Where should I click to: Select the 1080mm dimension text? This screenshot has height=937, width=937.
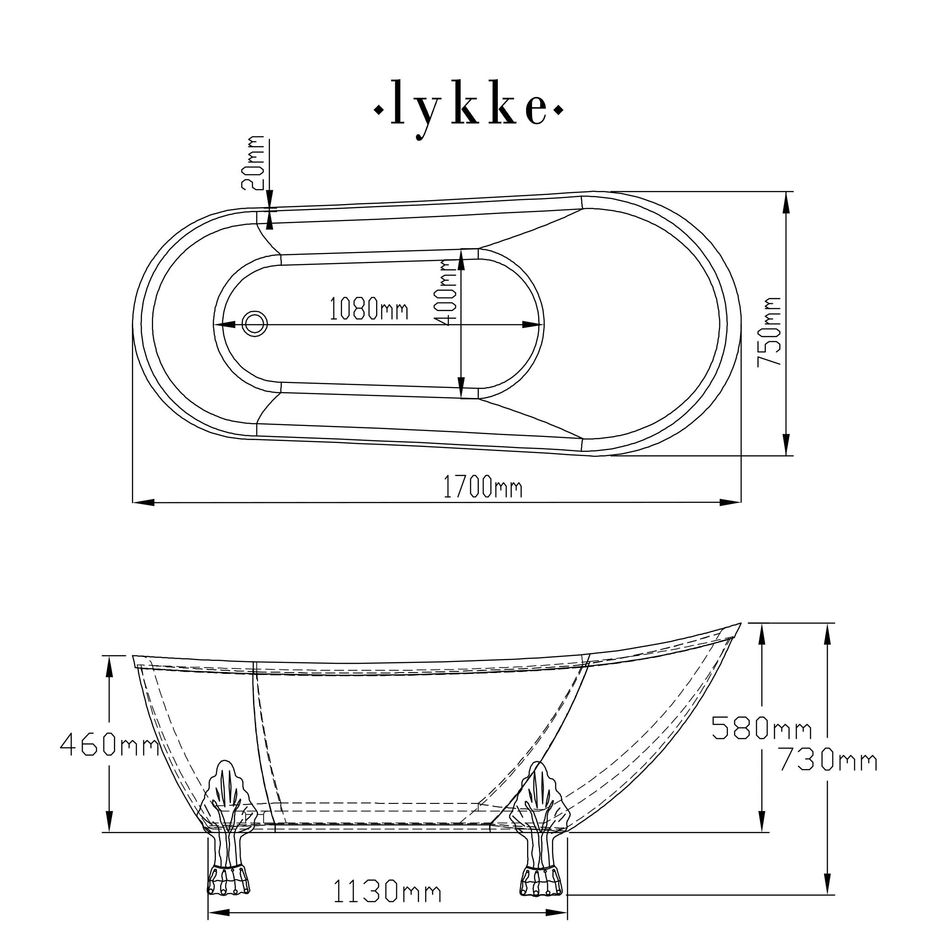[369, 308]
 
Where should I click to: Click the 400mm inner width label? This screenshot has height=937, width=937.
[446, 293]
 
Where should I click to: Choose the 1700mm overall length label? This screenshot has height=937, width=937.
[483, 487]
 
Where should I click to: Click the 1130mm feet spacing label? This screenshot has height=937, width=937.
[387, 891]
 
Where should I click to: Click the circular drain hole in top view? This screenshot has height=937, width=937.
[255, 323]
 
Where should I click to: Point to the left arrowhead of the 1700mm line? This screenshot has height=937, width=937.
[144, 502]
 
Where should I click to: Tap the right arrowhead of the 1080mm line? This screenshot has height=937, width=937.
[533, 324]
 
